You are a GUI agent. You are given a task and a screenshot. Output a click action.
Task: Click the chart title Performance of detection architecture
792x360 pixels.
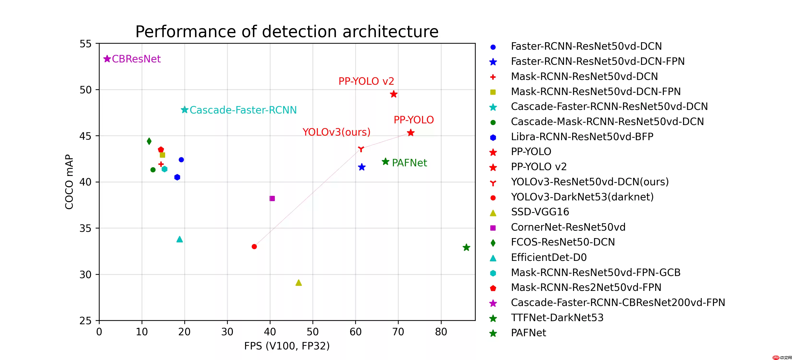(x=287, y=32)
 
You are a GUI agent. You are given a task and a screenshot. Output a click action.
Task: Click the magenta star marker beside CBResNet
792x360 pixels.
(x=107, y=59)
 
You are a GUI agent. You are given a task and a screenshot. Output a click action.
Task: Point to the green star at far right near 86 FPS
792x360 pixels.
(x=466, y=247)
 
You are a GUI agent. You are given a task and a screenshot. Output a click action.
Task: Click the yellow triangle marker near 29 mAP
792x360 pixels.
(x=299, y=283)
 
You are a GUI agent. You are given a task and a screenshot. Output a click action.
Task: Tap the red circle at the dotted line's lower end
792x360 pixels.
(x=254, y=246)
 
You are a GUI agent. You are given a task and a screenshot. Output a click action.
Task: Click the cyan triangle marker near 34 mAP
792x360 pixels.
(x=180, y=240)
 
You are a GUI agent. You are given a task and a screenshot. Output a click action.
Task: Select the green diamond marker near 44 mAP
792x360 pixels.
(x=149, y=141)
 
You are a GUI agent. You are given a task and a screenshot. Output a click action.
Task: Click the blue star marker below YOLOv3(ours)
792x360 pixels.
(x=362, y=167)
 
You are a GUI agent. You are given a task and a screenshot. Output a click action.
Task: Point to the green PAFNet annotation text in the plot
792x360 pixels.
(x=409, y=163)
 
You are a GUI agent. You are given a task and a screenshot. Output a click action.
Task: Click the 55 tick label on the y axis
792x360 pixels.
(x=85, y=44)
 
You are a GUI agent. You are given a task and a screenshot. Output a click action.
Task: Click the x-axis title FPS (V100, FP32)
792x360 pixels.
(x=287, y=346)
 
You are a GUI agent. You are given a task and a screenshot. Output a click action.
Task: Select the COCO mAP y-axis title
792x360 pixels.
(x=69, y=182)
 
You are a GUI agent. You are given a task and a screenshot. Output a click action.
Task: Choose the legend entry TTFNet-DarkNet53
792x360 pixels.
(x=557, y=318)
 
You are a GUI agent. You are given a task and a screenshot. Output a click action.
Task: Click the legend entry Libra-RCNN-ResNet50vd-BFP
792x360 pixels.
(x=582, y=137)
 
